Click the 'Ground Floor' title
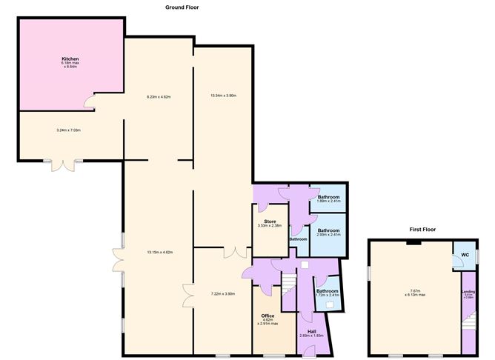point(182,7)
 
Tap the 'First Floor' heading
point(422,230)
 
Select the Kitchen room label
point(70,59)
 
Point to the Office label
point(268,316)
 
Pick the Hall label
point(311,331)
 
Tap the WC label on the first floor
point(465,255)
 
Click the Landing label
point(468,292)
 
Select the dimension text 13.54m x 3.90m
point(223,96)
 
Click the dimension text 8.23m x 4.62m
point(159,96)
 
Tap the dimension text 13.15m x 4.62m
point(160,253)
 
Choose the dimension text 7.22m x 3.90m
point(223,294)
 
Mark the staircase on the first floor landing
point(468,323)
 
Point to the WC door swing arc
point(457,268)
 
